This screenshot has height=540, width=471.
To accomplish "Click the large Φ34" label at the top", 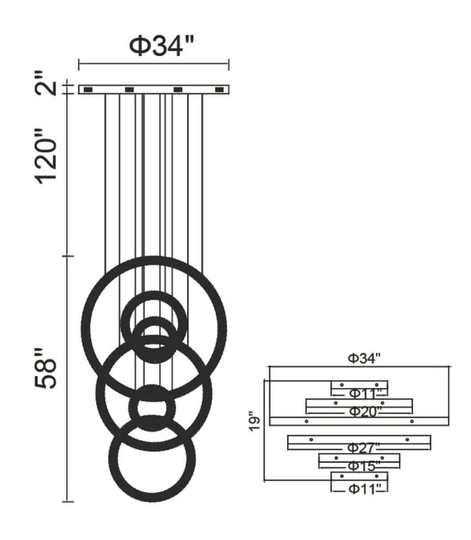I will (x=161, y=45).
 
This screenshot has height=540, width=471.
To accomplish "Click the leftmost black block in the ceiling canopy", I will (x=88, y=90).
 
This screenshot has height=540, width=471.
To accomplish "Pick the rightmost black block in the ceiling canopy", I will (x=220, y=90).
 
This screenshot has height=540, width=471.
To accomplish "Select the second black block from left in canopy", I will (x=129, y=90).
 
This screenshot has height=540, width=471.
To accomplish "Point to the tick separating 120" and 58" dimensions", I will (x=68, y=256).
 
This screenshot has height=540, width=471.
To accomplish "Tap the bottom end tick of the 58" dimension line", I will (x=68, y=502).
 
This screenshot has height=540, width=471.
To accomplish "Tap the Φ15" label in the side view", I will (x=362, y=466).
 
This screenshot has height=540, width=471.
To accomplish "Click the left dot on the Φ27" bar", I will (x=310, y=439).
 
